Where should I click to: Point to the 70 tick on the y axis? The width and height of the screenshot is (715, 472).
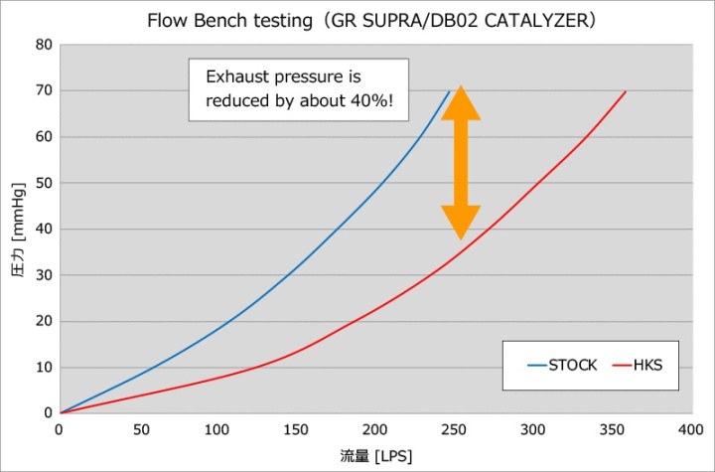45,90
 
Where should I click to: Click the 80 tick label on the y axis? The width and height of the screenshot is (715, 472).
45,45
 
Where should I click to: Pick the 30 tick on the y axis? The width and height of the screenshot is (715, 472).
45,275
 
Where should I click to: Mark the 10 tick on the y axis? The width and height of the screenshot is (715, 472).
45,368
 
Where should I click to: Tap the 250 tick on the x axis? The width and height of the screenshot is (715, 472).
454,429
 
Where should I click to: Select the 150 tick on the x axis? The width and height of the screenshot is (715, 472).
296,429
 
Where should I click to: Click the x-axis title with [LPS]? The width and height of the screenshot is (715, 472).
375,455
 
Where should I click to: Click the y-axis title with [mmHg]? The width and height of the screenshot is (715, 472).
17,230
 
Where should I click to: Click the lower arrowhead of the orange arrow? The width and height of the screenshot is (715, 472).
461,223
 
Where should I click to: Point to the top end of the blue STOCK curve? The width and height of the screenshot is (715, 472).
450,91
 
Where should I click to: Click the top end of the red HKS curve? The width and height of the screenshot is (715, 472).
626,91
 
